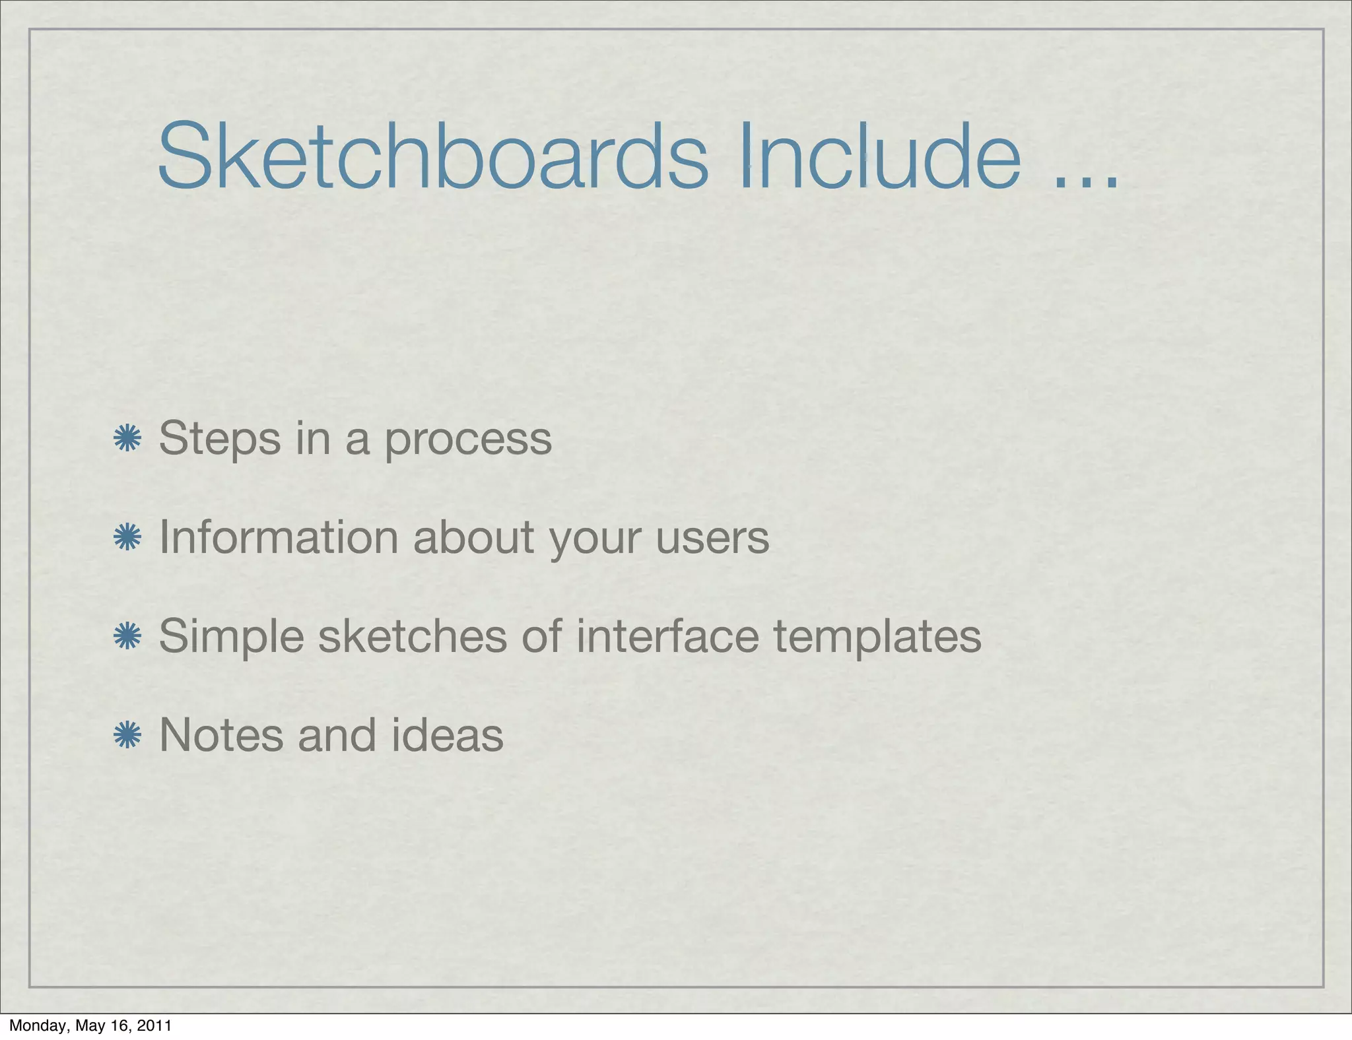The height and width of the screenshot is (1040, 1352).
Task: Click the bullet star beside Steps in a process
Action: [127, 439]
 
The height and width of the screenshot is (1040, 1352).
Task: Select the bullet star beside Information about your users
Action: [127, 538]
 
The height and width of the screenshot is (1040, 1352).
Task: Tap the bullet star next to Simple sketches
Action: [127, 637]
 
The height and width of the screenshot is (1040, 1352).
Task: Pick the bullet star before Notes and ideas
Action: [127, 736]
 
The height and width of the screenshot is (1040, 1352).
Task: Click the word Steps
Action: [219, 439]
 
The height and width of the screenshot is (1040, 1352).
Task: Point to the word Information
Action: [279, 537]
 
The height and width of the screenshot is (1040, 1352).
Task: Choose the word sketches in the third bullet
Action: [413, 636]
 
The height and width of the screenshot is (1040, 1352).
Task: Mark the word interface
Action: [667, 636]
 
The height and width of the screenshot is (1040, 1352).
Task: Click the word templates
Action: [877, 637]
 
